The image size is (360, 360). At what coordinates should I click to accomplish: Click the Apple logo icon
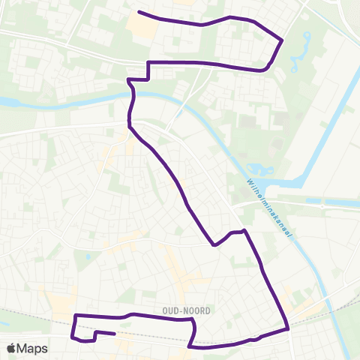coord(11,348)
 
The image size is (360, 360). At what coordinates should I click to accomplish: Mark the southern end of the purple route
coord(114,334)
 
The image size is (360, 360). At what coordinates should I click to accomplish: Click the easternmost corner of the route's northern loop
coord(282,39)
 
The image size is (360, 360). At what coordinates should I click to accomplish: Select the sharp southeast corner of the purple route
coord(289,328)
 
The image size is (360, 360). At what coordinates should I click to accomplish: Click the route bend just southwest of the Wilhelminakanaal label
coord(244,231)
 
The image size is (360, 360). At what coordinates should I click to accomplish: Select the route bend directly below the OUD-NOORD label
coord(193,320)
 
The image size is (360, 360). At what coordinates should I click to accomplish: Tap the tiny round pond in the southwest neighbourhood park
coord(88,258)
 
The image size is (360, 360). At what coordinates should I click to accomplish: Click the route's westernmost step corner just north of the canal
coord(129,79)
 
